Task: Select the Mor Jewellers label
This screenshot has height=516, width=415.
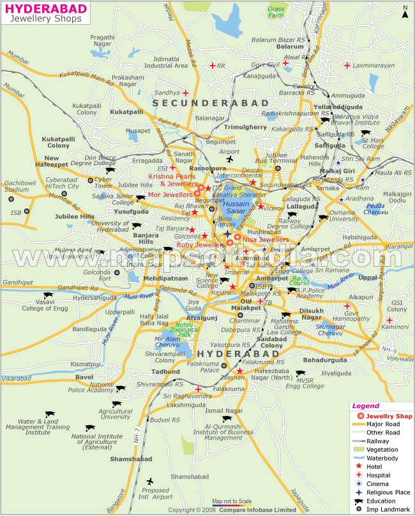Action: [170, 195]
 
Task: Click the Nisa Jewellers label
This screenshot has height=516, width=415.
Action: [265, 240]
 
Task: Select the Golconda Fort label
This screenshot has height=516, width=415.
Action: [114, 275]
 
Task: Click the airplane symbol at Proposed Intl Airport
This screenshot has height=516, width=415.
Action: [150, 482]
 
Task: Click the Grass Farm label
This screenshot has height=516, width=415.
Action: [276, 12]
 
